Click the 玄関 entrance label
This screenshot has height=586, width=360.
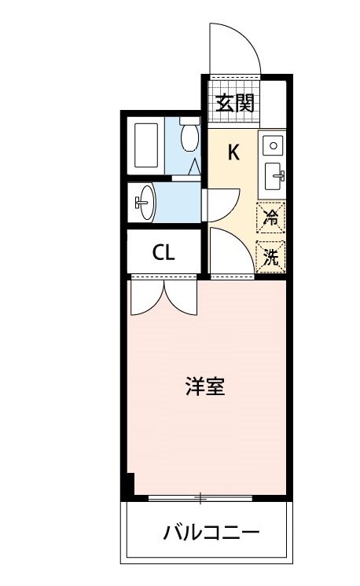point(234,103)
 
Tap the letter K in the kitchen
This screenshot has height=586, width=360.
point(233,152)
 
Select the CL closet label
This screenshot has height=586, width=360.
point(163,253)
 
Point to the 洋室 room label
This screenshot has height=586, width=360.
point(205,386)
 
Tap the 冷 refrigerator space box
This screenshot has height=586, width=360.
point(271,217)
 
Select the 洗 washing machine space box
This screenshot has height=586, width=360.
point(271,256)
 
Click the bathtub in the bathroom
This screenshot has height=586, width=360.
point(148,145)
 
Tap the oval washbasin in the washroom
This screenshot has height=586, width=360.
point(144,204)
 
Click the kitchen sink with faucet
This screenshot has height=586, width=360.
point(274,174)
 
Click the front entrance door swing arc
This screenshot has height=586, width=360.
point(234,47)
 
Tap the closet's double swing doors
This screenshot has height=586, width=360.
point(163,296)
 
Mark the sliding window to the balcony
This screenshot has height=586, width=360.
point(201,498)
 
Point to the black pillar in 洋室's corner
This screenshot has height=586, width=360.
point(130,485)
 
